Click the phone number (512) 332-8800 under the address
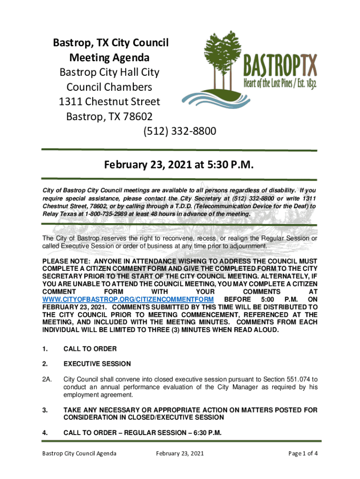pos(180,131)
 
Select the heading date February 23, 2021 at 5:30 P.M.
pos(179,165)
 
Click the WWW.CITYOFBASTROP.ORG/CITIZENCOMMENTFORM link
pos(128,299)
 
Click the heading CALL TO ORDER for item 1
pos(90,348)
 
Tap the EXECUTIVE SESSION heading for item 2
pos(97,363)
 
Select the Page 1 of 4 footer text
pos(303,453)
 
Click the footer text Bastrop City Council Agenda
pos(79,453)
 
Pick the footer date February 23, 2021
pos(180,453)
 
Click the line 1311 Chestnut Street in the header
pos(109,102)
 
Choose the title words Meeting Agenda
pos(109,58)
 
